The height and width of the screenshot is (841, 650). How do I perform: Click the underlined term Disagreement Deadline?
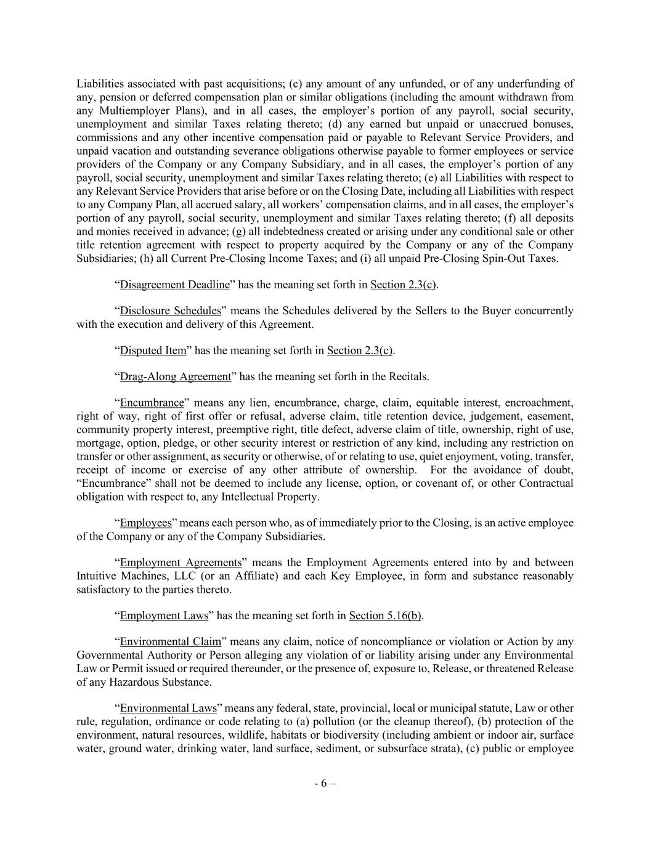pos(174,285)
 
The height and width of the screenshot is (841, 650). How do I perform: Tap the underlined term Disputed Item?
pos(153,351)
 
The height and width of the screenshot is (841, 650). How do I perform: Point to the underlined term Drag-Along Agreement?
pos(175,376)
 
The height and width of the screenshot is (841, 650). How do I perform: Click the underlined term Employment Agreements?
pos(181,563)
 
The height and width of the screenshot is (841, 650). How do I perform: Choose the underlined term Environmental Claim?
pos(170,641)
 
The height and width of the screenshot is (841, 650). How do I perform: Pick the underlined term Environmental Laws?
pos(168,708)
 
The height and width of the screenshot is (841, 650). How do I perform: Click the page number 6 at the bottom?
pos(324,784)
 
